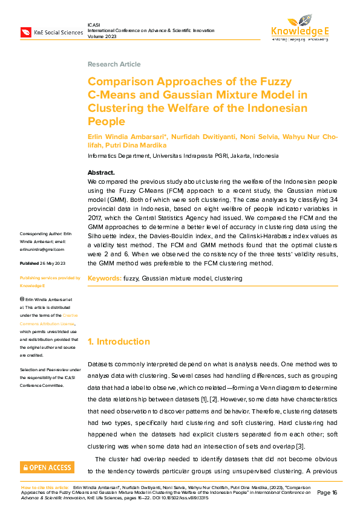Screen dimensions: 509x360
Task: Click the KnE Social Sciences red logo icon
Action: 25,31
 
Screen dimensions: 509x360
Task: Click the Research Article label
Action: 114,64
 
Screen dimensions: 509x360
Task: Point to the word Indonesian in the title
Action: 279,108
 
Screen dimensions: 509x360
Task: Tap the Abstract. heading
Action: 101,172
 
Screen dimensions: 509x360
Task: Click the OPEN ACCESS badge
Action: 47,467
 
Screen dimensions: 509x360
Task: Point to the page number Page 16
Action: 327,493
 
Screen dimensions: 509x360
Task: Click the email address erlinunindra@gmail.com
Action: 42,249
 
